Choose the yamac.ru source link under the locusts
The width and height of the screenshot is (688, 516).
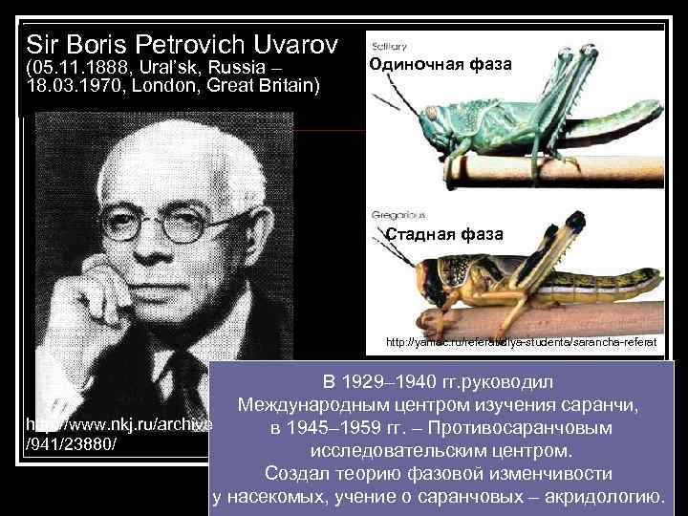tap(521, 341)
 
